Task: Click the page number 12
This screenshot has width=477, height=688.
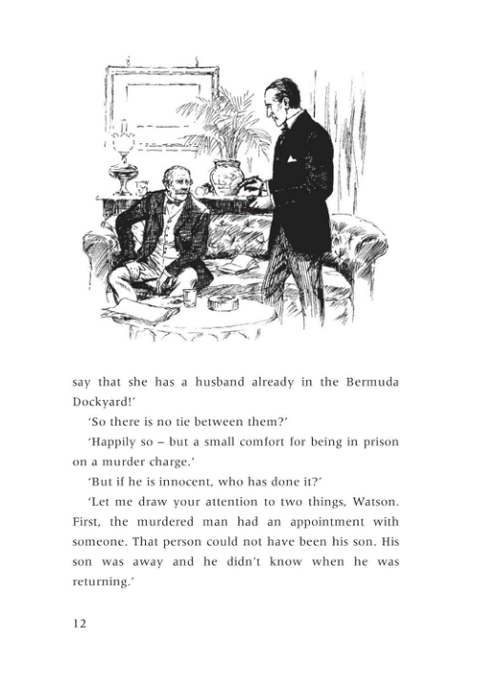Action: (x=80, y=623)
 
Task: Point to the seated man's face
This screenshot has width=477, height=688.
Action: (x=175, y=181)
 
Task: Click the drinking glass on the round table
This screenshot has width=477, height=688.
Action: (x=192, y=297)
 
